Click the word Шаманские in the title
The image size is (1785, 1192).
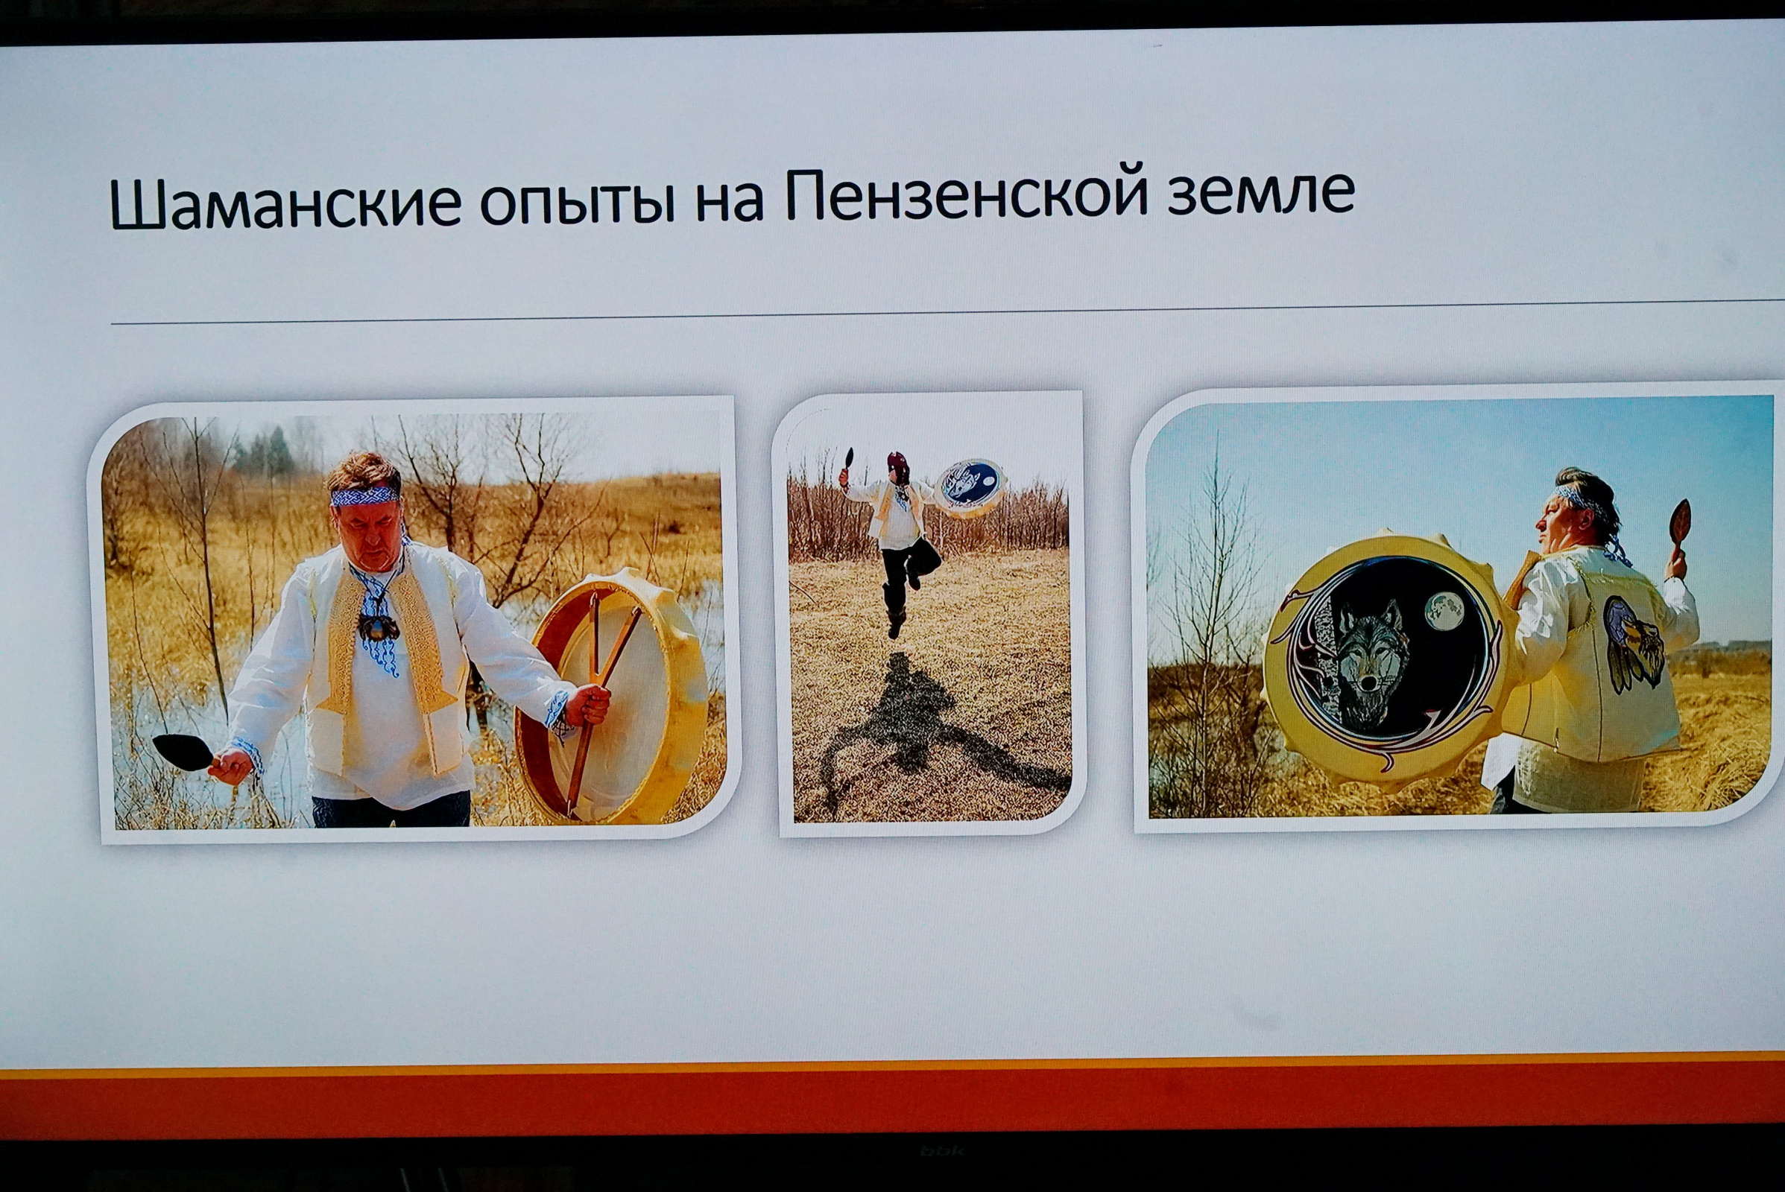[x=285, y=203]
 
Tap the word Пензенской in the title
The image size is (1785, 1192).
[x=965, y=193]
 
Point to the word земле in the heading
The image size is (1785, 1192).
[x=1261, y=191]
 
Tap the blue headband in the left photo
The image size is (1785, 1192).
[x=364, y=495]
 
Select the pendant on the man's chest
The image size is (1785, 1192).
[x=378, y=627]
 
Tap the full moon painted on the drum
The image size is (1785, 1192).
[x=1444, y=611]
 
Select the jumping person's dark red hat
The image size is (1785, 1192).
[x=898, y=463]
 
